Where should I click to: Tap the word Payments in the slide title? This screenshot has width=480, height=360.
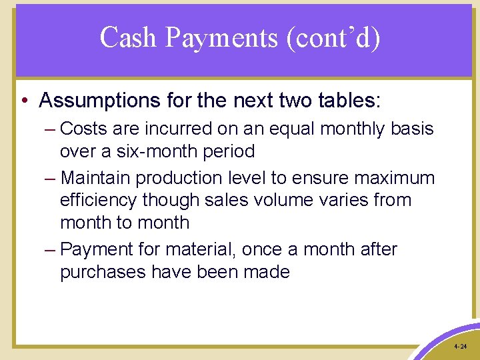coord(221,38)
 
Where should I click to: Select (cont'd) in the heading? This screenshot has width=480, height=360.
coord(333,38)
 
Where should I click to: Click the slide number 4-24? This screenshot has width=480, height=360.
coord(459,347)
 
